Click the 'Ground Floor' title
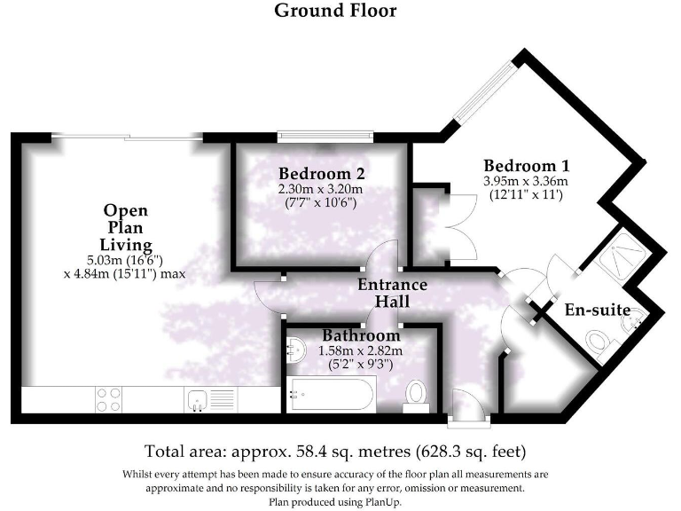pos(335,12)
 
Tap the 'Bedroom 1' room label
pos(526,166)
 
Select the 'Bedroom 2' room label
pos(321,173)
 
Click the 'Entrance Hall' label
pos(392,294)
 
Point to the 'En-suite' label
pos(598,311)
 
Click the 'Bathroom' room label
pos(361,336)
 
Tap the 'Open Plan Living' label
pos(125,227)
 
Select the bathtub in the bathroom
pos(331,392)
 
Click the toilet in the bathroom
pos(415,394)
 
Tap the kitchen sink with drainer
pos(209,399)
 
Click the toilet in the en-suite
pos(599,341)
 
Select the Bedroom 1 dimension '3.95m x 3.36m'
pos(526,181)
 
